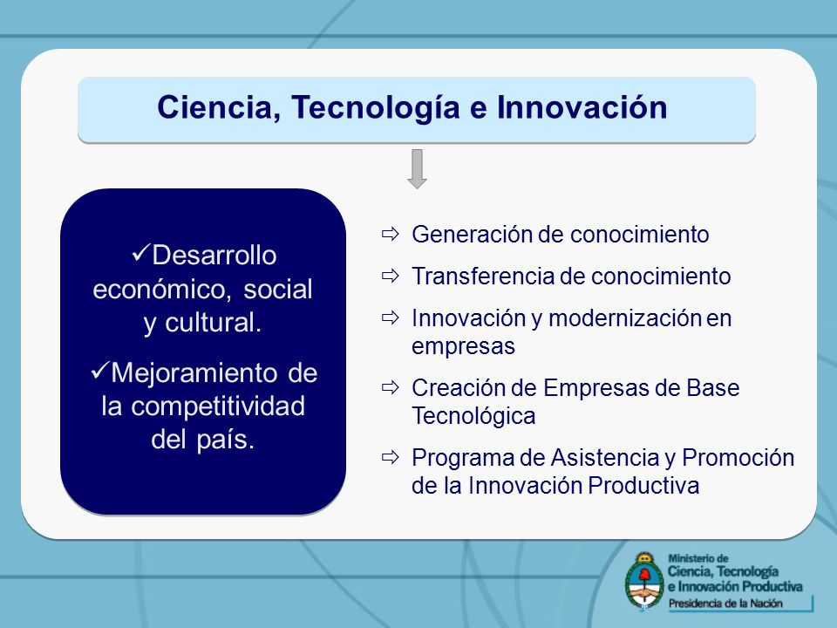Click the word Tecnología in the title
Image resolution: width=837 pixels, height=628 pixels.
375,108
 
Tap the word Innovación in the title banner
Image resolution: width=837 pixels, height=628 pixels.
582,106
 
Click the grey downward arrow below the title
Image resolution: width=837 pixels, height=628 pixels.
417,168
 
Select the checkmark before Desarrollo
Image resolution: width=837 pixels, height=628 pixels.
140,253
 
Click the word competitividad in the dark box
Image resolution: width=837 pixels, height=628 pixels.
218,406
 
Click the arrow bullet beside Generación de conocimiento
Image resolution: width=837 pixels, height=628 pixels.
391,234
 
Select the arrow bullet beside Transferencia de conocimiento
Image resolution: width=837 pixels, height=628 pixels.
391,276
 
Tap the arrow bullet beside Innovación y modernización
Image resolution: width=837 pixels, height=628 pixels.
391,317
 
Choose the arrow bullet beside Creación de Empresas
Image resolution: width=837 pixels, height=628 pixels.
391,387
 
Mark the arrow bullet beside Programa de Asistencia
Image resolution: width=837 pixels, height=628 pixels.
391,457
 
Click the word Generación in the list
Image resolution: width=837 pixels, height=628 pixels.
470,235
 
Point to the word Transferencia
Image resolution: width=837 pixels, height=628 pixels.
483,276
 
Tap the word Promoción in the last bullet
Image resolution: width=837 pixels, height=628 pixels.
738,458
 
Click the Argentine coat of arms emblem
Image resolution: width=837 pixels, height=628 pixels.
644,582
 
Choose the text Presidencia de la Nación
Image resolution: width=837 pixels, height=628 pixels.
725,604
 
